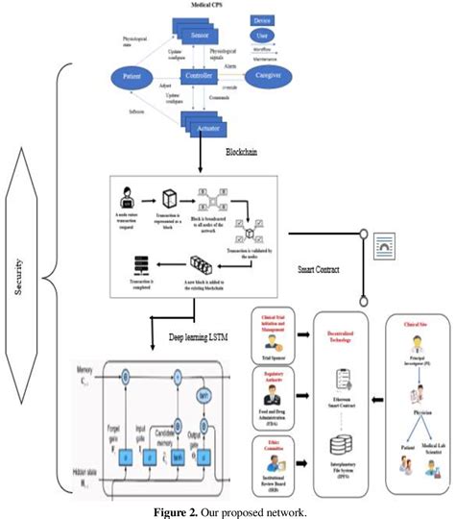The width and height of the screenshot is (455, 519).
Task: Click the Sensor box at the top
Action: coord(198,35)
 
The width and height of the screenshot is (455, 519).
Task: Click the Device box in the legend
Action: coord(261,19)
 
